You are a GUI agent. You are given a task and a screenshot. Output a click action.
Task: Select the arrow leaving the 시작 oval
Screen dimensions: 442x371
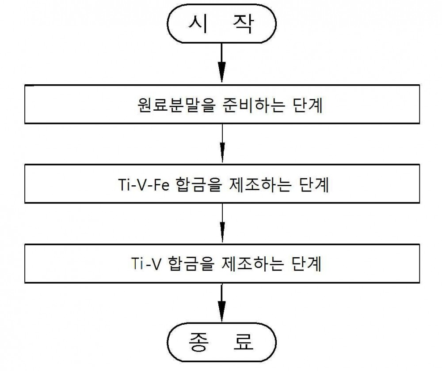(221, 63)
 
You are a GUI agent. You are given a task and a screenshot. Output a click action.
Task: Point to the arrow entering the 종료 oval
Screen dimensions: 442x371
(221, 303)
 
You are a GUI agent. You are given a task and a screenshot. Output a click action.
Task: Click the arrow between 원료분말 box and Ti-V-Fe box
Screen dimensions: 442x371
(222, 143)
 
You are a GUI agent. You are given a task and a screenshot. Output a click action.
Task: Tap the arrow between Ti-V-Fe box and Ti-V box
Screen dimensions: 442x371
(222, 223)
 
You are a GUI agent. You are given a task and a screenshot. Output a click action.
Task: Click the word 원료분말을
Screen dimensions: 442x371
(176, 105)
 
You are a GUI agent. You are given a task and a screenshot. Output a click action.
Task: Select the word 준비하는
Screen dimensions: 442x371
(254, 105)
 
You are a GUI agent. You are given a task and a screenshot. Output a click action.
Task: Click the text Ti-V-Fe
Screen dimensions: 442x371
(144, 185)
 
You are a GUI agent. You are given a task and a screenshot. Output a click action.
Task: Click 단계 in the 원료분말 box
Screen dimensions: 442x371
(308, 105)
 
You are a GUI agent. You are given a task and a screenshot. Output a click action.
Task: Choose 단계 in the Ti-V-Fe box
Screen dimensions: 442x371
(314, 185)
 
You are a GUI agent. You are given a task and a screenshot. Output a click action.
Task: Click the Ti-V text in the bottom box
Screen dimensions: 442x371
(146, 264)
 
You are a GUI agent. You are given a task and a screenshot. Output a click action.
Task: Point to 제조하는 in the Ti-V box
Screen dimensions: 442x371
(252, 264)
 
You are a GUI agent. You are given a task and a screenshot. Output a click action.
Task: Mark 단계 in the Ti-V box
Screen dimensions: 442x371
(306, 264)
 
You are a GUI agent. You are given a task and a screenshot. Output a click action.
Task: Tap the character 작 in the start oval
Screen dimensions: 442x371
(244, 24)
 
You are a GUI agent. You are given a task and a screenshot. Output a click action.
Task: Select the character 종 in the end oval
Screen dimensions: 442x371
(198, 342)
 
